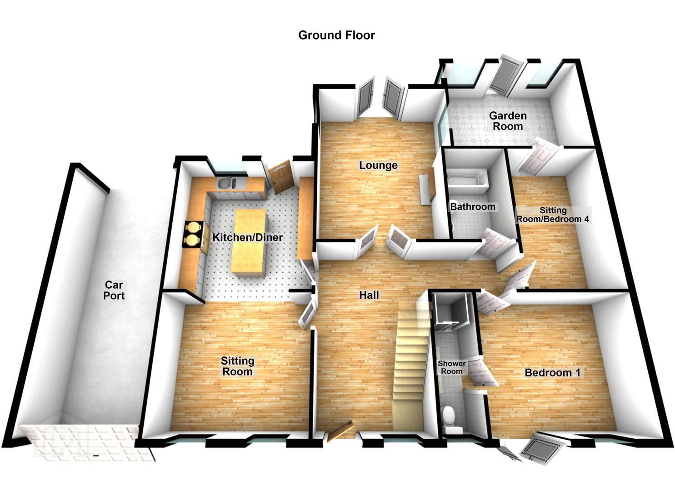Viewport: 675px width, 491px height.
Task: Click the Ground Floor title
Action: click(336, 35)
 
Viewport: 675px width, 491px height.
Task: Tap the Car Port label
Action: click(114, 290)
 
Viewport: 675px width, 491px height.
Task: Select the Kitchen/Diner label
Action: click(247, 237)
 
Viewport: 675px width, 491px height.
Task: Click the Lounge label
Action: click(378, 165)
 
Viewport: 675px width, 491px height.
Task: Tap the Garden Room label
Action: click(508, 121)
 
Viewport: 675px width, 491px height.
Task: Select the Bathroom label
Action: click(473, 206)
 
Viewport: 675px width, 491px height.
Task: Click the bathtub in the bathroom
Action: click(467, 181)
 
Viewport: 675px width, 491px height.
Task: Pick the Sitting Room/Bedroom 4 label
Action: click(553, 214)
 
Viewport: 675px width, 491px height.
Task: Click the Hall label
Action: click(369, 295)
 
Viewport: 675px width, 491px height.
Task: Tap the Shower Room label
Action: click(452, 367)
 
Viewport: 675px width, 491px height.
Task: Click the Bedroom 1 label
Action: click(552, 372)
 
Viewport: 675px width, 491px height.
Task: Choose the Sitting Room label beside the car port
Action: click(237, 366)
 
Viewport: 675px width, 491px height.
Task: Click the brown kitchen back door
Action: click(280, 177)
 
